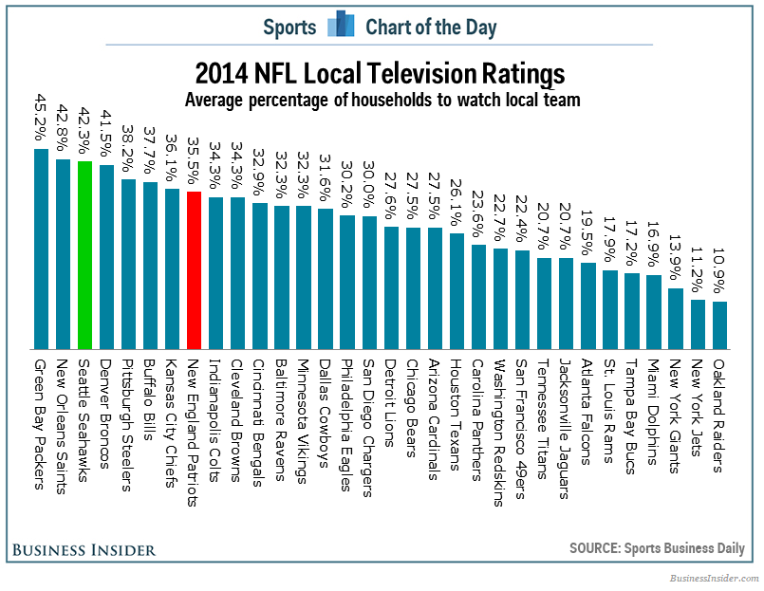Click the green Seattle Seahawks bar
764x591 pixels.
coord(85,254)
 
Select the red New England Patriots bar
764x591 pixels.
coord(193,270)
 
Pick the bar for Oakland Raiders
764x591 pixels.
coord(720,324)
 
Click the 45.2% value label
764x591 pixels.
coord(41,118)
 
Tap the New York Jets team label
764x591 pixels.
coord(698,410)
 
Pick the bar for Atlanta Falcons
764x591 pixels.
coord(588,305)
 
